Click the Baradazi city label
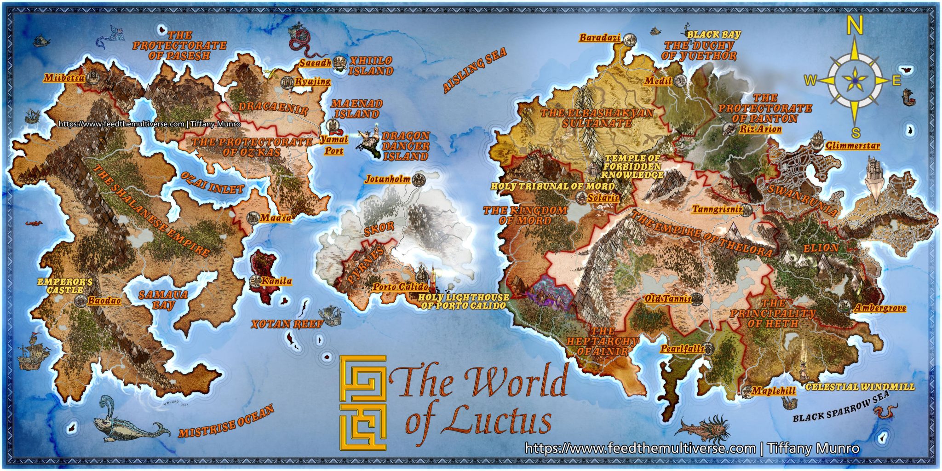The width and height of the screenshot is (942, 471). [x=600, y=38]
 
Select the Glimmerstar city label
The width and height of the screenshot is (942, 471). [x=852, y=146]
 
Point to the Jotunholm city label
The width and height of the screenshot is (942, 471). [x=387, y=179]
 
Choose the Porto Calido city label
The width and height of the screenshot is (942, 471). [x=400, y=287]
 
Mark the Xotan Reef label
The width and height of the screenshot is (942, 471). [x=287, y=324]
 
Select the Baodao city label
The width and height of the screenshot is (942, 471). [x=104, y=301]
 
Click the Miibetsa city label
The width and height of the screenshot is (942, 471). [x=64, y=78]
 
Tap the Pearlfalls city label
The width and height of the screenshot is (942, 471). [x=682, y=349]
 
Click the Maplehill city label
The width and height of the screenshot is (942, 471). [x=773, y=391]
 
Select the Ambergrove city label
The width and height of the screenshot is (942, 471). [x=880, y=308]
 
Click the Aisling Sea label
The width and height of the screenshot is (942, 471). [x=474, y=70]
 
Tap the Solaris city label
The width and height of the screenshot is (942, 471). [x=603, y=197]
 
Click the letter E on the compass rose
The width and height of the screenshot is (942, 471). [x=896, y=80]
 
